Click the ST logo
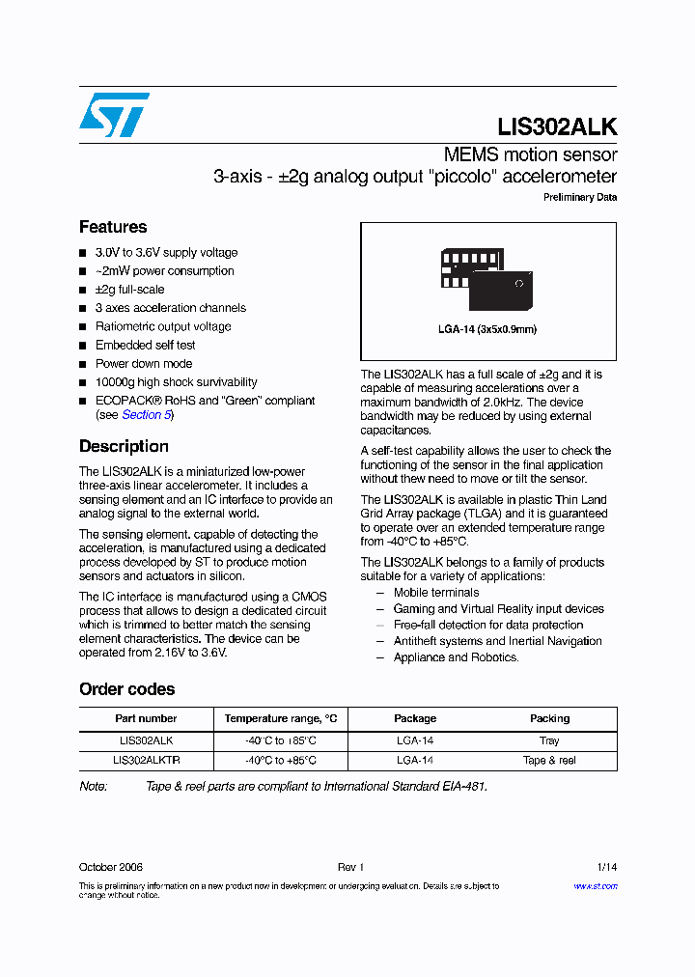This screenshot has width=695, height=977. pos(114,115)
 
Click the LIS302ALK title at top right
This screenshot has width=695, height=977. pos(557,126)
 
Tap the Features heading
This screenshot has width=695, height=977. pos(113,227)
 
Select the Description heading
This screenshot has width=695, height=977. pos(124,446)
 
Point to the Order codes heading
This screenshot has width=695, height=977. pos(126,689)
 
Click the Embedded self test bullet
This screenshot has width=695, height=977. pos(145,345)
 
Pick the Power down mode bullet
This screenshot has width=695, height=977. pos(144,364)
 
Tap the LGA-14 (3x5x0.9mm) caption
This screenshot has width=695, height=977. pos(486,329)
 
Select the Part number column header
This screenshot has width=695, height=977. pos(146,718)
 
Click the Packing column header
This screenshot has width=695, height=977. pos(549,718)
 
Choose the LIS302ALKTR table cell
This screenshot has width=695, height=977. pos(146,760)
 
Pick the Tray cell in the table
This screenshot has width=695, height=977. pos(549,740)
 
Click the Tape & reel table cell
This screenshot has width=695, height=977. pos(549,760)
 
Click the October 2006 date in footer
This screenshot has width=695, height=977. pos(111,868)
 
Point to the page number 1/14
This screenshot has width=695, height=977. pos(606,868)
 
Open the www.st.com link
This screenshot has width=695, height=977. pos(596,885)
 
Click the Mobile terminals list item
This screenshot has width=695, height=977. pos(435,593)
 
